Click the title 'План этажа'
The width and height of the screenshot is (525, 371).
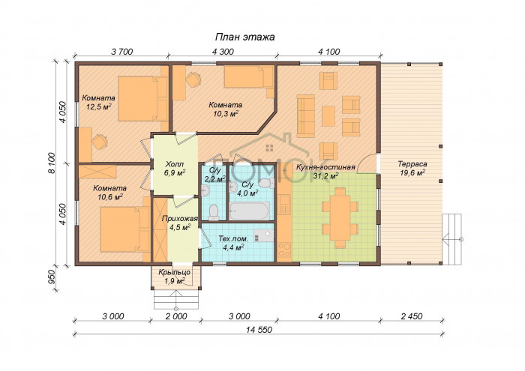tap(244, 37)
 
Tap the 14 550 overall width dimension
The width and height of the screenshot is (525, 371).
tap(259, 330)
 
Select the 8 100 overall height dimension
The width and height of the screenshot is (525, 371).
tap(51, 163)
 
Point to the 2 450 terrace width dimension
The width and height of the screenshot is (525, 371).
tap(412, 316)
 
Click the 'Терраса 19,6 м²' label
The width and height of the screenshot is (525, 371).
tap(412, 169)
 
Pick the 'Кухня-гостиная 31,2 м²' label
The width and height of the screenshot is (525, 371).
tap(325, 172)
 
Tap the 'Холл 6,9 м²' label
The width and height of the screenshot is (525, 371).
tap(175, 169)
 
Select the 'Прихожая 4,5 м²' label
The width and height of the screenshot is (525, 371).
tap(180, 223)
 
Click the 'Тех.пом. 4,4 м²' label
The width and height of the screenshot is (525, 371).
tap(233, 243)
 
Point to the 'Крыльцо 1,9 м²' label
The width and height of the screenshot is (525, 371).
tap(175, 277)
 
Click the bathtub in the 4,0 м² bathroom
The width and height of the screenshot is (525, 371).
tap(250, 211)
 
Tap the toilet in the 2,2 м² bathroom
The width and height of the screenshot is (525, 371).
tap(213, 212)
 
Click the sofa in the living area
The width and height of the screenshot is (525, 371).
tap(306, 116)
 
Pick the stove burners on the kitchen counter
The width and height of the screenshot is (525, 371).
tap(284, 250)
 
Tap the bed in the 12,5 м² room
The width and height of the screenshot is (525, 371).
tap(143, 99)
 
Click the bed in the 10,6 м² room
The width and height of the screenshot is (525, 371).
tap(125, 229)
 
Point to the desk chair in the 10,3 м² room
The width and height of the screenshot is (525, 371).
tap(193, 80)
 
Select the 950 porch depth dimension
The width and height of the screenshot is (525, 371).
tap(52, 277)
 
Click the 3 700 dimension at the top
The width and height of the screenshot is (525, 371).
tap(121, 52)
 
